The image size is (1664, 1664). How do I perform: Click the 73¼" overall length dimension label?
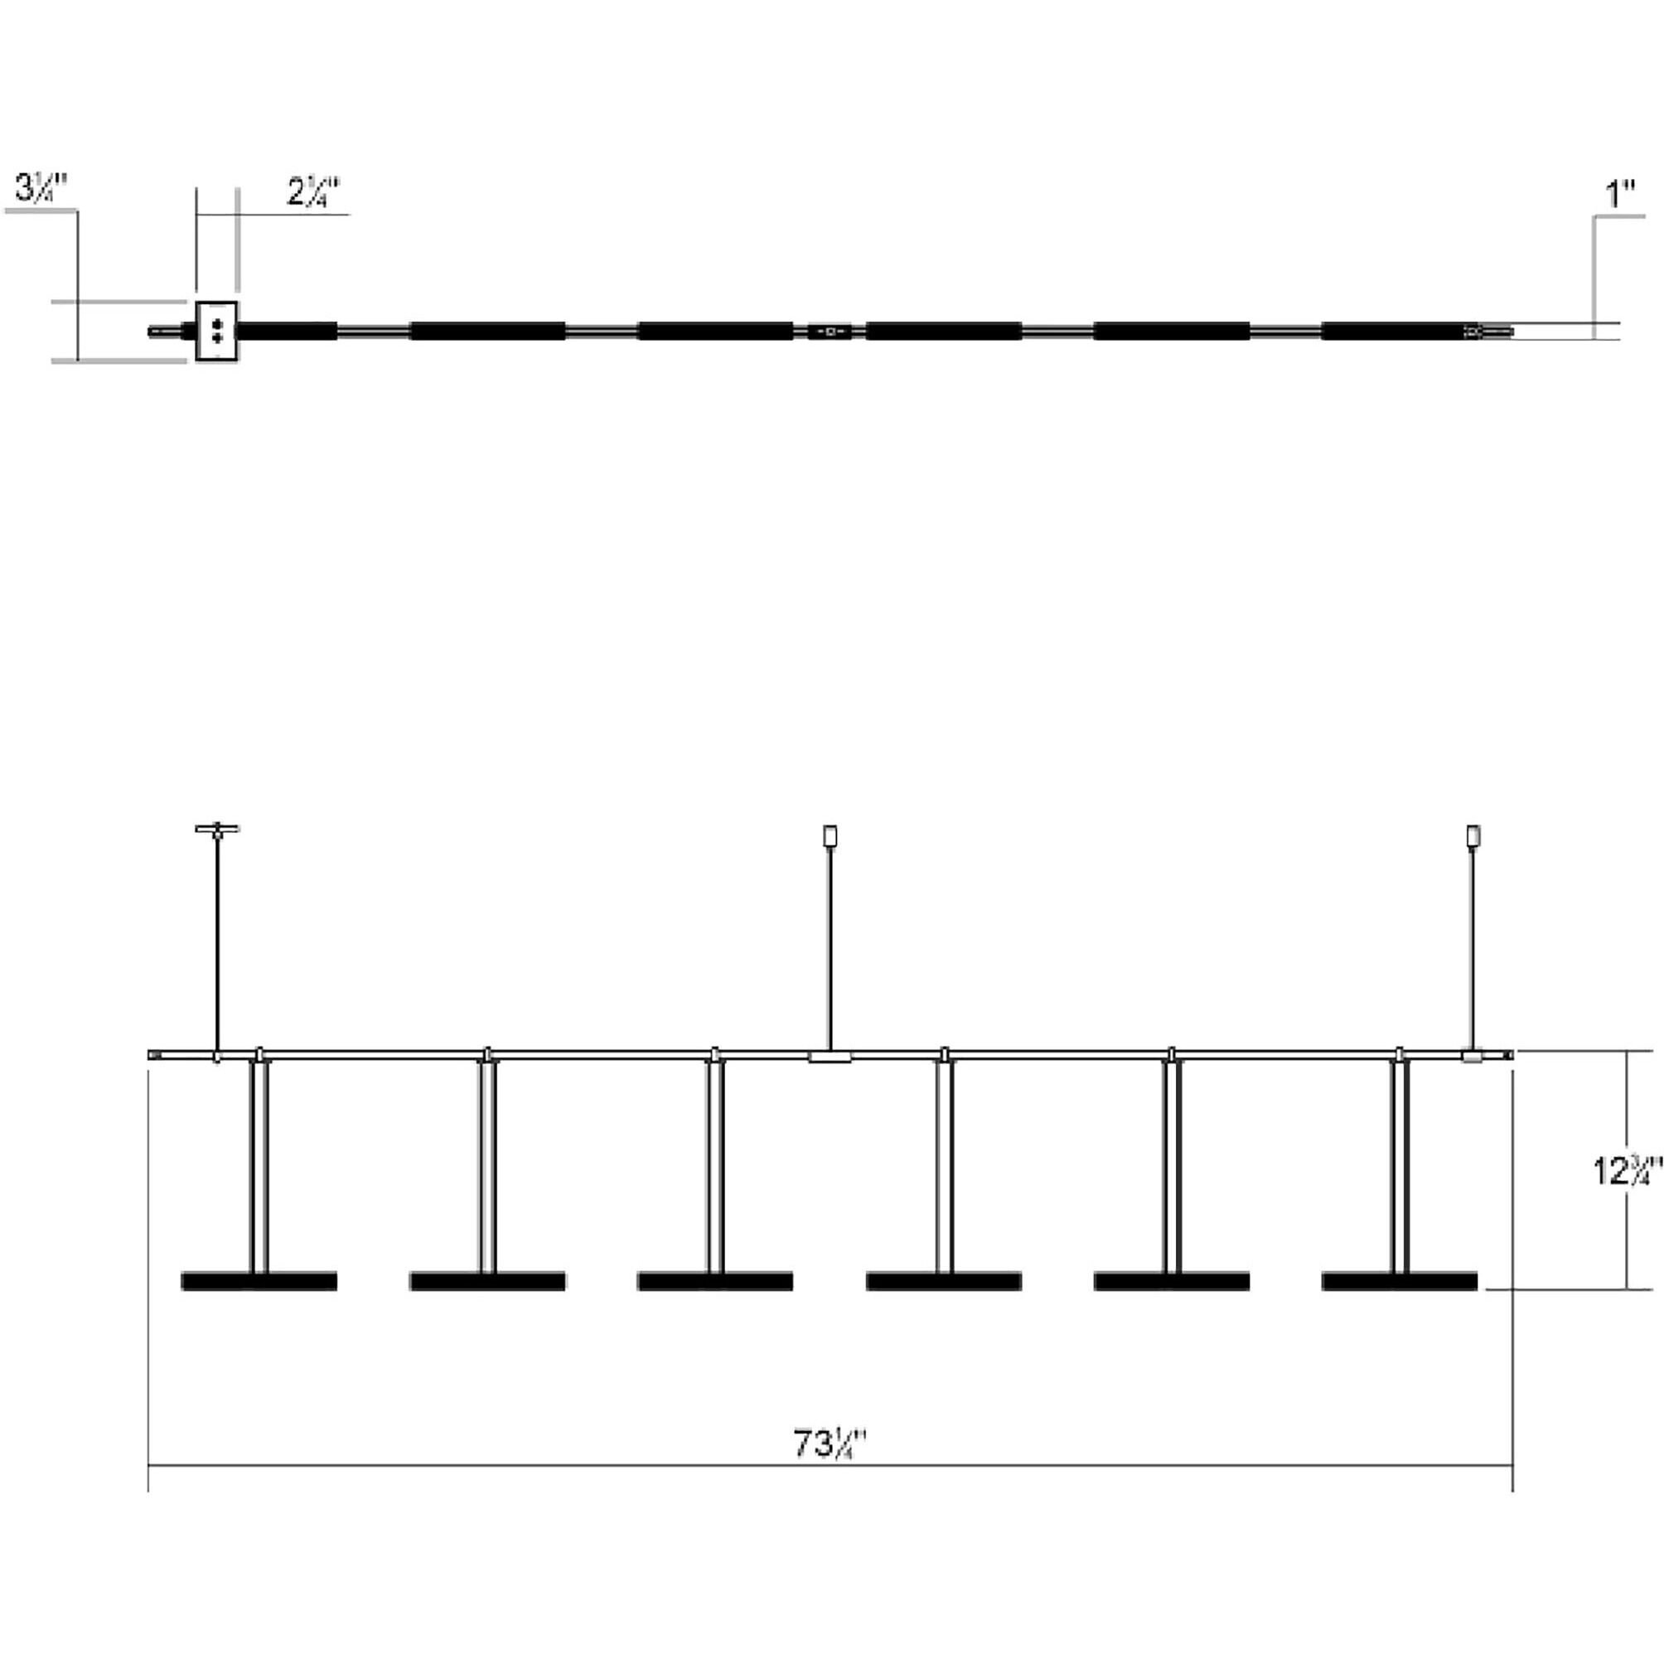point(828,1444)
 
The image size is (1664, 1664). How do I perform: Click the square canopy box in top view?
point(216,331)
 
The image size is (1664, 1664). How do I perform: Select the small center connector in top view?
point(830,331)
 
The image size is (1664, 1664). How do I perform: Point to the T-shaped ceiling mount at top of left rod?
point(217,830)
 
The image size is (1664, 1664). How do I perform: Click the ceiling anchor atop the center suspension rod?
point(830,835)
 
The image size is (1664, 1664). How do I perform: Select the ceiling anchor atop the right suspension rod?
point(1473,835)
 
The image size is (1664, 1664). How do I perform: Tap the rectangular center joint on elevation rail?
point(830,1057)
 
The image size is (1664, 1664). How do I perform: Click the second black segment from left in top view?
point(487,331)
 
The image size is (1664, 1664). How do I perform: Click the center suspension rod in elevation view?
point(830,947)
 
